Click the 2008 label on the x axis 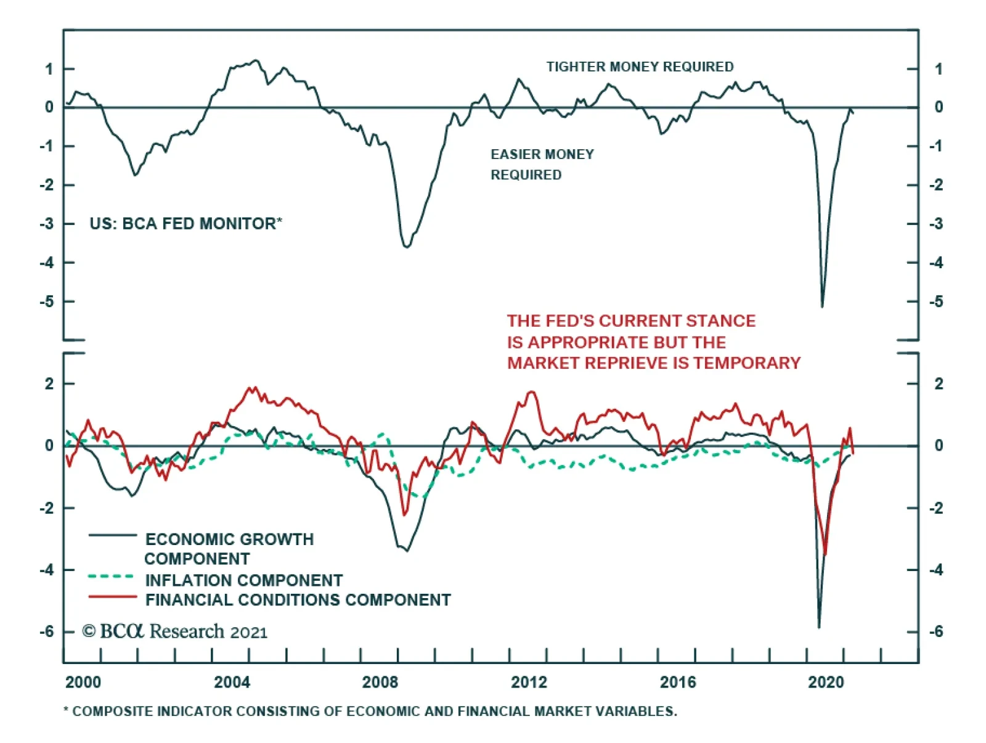[380, 682]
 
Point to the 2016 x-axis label [678, 682]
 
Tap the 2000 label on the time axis [83, 682]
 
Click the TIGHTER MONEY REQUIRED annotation [640, 67]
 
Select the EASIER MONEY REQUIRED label [542, 164]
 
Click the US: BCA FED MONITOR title [185, 223]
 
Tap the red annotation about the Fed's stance [653, 342]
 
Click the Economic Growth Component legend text [229, 548]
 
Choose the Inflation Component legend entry [243, 580]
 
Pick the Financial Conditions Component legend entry [298, 600]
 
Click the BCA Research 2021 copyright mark [175, 631]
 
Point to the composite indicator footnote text [370, 711]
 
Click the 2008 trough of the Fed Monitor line [407, 247]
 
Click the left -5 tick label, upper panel [47, 302]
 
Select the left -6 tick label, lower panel [47, 631]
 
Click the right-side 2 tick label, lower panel [938, 384]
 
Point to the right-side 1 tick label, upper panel [938, 69]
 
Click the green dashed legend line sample [112, 577]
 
